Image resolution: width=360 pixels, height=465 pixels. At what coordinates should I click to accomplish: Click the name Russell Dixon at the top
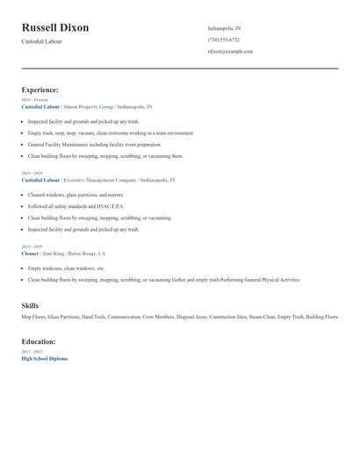[x=54, y=28]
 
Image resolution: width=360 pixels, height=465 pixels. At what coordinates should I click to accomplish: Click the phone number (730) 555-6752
[x=223, y=39]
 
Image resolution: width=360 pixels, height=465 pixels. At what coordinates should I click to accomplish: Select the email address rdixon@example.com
[x=230, y=51]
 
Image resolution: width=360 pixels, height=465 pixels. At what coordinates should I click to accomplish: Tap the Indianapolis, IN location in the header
[x=224, y=28]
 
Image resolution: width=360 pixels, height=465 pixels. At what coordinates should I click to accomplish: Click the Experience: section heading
[x=40, y=89]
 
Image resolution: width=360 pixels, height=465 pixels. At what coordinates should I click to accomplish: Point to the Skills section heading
[x=30, y=305]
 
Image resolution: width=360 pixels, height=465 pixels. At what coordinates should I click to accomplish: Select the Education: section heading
[x=39, y=341]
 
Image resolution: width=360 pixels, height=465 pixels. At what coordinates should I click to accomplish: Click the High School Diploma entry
[x=44, y=358]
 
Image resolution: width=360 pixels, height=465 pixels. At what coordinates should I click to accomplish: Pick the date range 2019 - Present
[x=34, y=100]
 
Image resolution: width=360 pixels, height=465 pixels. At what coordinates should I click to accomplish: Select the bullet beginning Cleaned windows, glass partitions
[x=75, y=195]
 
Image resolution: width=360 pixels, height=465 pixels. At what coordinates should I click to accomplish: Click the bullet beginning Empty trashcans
[x=66, y=268]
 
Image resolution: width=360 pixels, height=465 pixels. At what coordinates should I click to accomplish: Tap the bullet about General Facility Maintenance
[x=94, y=144]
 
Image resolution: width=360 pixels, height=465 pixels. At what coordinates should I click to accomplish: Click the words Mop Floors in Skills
[x=33, y=317]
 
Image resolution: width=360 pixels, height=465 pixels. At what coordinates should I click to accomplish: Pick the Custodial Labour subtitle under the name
[x=42, y=42]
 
